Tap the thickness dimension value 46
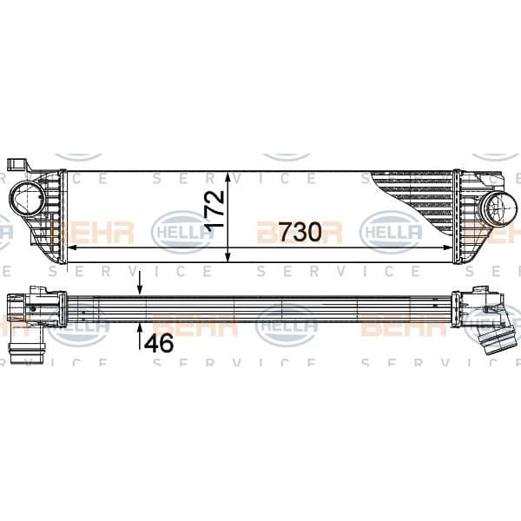click(159, 342)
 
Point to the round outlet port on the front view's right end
click(499, 208)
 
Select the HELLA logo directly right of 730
click(390, 232)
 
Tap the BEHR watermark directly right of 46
click(204, 326)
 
